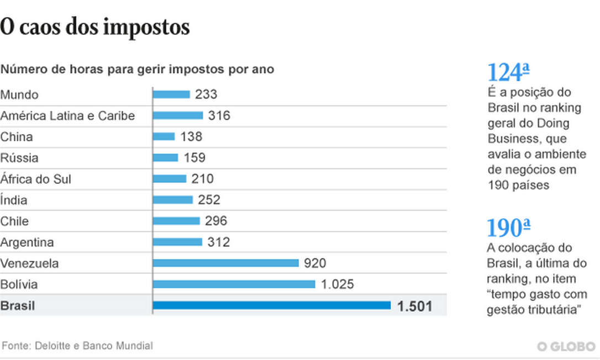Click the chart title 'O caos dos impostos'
pyautogui.click(x=95, y=27)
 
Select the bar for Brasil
pyautogui.click(x=272, y=305)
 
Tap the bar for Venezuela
pyautogui.click(x=225, y=263)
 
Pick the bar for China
pyautogui.click(x=164, y=136)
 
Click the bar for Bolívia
pyautogui.click(x=234, y=284)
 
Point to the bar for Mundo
pyautogui.click(x=171, y=94)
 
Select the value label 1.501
pyautogui.click(x=414, y=306)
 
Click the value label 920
pyautogui.click(x=315, y=263)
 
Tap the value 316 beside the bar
pyautogui.click(x=219, y=116)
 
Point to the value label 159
pyautogui.click(x=194, y=158)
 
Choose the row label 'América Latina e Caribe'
pyautogui.click(x=67, y=116)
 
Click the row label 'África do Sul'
pyautogui.click(x=36, y=179)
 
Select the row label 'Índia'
pyautogui.click(x=14, y=200)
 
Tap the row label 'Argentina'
pyautogui.click(x=27, y=242)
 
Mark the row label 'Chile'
pyautogui.click(x=14, y=221)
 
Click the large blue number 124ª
pyautogui.click(x=508, y=72)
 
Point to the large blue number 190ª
pyautogui.click(x=508, y=228)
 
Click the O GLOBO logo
pyautogui.click(x=567, y=346)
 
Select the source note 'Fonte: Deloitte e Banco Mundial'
pyautogui.click(x=77, y=346)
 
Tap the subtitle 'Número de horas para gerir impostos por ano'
pyautogui.click(x=138, y=70)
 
